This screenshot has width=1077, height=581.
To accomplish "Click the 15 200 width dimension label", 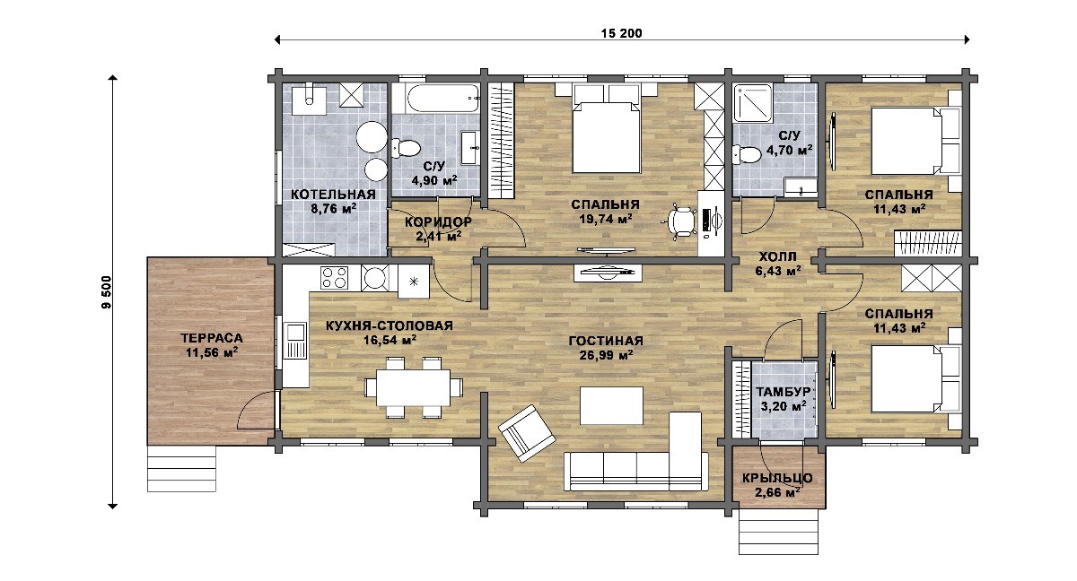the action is coord(621,33).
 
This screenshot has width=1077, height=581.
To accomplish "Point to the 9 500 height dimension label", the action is coord(106,292).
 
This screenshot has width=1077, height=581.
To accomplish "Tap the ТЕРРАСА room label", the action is coord(212,338).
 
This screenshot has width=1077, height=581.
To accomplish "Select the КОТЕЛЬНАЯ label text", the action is coord(333,195).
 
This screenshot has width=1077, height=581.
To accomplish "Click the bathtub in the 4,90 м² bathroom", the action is coord(436,99).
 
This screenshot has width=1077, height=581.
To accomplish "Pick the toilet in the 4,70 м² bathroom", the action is coord(747,154).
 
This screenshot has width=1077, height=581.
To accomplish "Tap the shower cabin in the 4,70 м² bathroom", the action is coord(753,103).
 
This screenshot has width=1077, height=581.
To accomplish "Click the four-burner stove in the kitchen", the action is coord(335,278).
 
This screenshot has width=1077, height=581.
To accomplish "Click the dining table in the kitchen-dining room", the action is coord(414,387).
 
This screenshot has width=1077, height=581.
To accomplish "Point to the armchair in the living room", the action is coord(527,433).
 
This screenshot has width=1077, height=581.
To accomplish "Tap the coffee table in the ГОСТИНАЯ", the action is coord(611,406).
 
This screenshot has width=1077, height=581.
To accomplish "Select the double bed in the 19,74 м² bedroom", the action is coord(606,136).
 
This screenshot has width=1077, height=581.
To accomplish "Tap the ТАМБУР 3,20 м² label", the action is coord(784,399).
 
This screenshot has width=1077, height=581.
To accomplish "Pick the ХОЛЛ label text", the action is coord(778,256).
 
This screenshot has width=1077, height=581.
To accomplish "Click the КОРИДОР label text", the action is coord(438,221).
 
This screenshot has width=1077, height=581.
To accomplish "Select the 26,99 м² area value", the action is coord(606,355).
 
